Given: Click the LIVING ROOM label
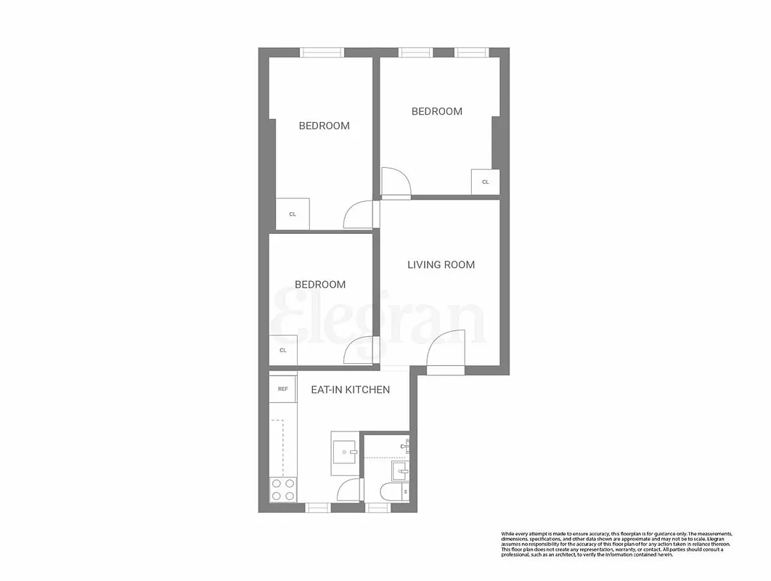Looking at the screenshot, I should coord(441,264).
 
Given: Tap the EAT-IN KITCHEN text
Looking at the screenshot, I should coord(350,390).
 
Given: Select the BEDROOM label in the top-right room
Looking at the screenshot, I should coord(436,111).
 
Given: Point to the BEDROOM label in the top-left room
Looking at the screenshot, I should coord(324,126).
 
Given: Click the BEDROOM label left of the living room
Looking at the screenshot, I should coord(319,285).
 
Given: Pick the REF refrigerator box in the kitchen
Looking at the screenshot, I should coord(282,389).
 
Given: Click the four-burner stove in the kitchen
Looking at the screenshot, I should coord(283,489).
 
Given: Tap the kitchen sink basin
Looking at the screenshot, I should coord(343,453).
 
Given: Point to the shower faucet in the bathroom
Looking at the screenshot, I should coord(407,444).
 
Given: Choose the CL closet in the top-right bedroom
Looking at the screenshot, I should coord(485,182).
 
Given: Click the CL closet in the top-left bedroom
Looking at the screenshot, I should coord(293,214).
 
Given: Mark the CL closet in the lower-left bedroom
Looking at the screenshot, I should coord(283,350).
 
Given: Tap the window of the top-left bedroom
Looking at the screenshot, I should coord(322,52).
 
